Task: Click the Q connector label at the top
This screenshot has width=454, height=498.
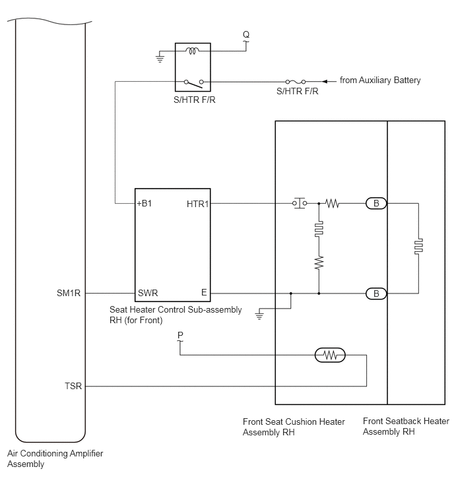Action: pos(246,34)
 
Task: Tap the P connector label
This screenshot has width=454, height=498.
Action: pos(180,335)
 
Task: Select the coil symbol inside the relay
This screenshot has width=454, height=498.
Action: pos(193,51)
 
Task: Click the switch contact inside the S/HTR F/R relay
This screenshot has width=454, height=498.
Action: pos(193,84)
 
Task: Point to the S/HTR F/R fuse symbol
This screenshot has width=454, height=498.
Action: pos(296,82)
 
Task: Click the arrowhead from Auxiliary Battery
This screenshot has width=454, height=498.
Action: pos(325,82)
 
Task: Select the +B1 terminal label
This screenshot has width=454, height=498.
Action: pos(145,203)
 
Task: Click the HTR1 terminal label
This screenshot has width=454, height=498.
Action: pos(197,204)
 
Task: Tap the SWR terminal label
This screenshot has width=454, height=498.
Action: pos(148,293)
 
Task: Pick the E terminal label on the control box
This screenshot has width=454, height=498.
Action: pos(204,292)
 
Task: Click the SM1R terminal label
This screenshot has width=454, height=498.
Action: pos(69,293)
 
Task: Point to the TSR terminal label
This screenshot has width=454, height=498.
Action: pos(73,386)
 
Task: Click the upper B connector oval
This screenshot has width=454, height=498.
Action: pos(376,203)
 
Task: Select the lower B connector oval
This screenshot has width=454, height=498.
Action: pos(376,294)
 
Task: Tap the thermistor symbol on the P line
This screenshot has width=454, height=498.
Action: pos(330,355)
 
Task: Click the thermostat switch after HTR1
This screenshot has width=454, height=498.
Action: pos(300,203)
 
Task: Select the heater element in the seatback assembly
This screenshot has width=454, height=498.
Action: pos(418,247)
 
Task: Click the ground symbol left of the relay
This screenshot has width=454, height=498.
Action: pos(160,59)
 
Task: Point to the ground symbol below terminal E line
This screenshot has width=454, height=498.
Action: pos(259,316)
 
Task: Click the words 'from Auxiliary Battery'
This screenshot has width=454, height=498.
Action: pos(380,80)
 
